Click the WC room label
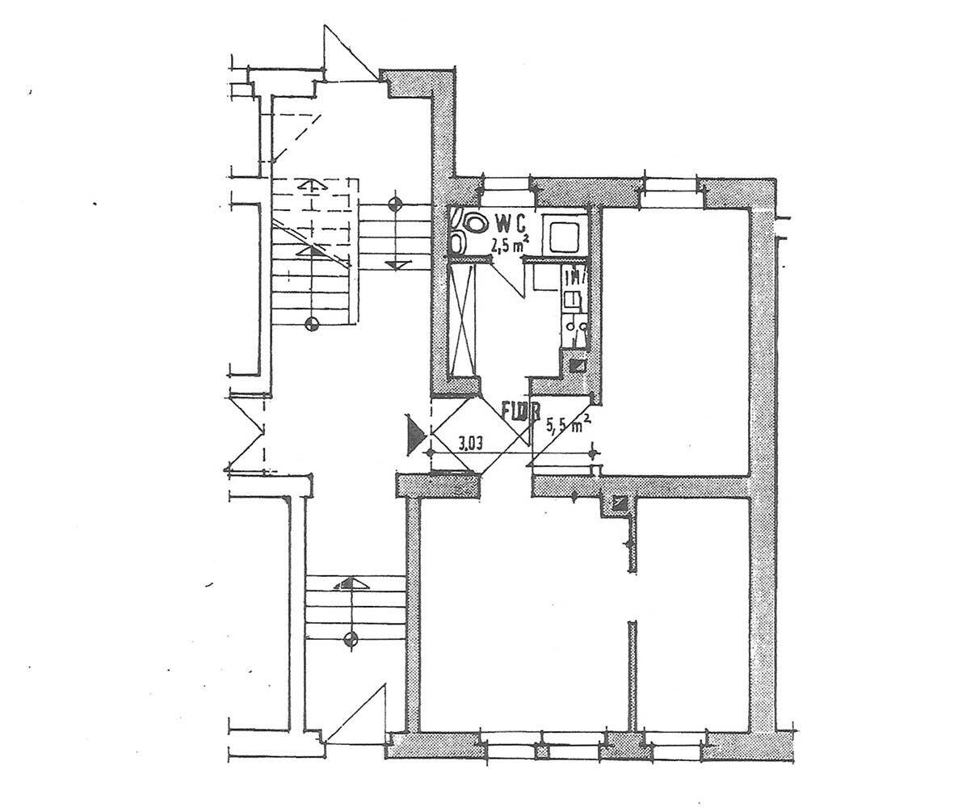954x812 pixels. (x=511, y=221)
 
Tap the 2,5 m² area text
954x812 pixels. (x=510, y=240)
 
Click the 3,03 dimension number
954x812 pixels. (x=470, y=443)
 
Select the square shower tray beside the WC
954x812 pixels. (x=565, y=235)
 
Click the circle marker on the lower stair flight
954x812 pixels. (x=350, y=639)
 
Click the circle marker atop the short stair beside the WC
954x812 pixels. (x=395, y=203)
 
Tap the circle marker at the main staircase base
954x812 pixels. (x=313, y=325)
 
